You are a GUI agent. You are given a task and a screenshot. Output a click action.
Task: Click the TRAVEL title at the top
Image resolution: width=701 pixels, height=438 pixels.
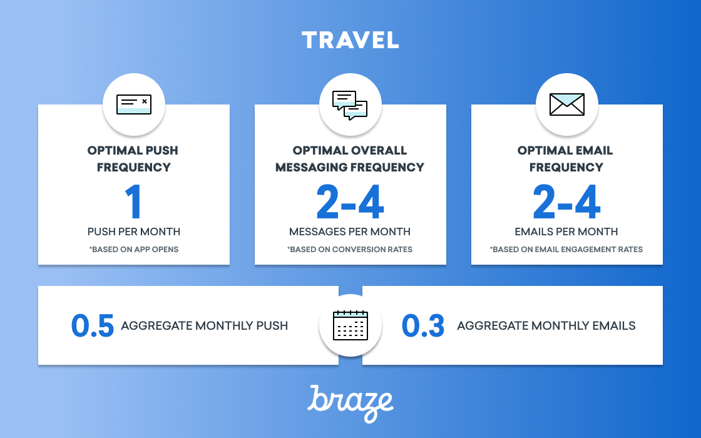coord(350,40)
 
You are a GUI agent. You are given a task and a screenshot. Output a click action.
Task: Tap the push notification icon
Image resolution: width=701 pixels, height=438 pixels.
coord(134,104)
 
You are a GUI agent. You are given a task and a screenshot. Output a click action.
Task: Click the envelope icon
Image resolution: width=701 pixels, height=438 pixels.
coord(567,104)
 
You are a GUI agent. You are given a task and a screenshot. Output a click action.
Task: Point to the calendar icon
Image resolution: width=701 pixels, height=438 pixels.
coord(350,325)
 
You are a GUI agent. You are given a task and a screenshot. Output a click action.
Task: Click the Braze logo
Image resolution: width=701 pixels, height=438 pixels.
coord(350,404)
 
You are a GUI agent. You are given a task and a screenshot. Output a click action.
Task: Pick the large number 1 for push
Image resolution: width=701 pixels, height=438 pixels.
coord(134,202)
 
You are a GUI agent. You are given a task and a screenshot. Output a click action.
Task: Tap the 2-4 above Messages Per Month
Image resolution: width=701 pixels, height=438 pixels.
coord(350,202)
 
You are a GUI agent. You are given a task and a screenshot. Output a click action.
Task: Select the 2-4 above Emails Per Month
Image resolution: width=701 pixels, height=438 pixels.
coord(566,202)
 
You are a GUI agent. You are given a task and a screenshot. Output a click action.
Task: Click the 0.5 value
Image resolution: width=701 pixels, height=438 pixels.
coord(93,325)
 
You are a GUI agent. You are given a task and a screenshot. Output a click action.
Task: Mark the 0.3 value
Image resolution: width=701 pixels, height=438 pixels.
coord(423,325)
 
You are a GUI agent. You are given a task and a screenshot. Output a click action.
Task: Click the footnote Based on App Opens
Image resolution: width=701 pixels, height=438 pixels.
coord(134,250)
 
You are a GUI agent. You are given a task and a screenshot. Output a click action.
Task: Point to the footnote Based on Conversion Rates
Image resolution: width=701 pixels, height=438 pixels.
coord(350,250)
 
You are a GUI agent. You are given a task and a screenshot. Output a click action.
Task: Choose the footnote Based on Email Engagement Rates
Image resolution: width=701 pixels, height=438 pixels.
coord(566,250)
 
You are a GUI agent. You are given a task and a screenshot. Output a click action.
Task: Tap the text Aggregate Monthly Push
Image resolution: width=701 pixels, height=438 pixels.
coord(204,325)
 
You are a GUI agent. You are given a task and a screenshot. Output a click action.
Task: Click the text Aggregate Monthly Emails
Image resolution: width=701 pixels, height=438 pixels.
coord(546,325)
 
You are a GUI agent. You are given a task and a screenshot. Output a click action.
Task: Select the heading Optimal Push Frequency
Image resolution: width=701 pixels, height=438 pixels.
coord(133,159)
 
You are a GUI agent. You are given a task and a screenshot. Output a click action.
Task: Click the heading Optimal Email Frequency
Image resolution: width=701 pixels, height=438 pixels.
coord(566,159)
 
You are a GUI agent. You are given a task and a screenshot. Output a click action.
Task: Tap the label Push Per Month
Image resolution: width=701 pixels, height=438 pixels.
coord(134,232)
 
